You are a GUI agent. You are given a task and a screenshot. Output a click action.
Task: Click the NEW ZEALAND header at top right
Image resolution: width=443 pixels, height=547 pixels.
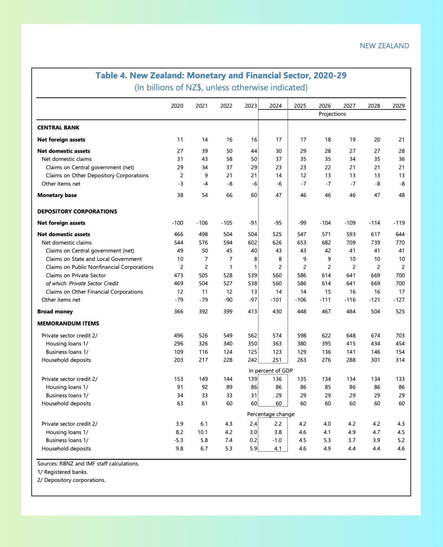(384, 46)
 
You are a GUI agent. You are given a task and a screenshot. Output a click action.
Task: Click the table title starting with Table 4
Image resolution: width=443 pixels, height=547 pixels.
(221, 75)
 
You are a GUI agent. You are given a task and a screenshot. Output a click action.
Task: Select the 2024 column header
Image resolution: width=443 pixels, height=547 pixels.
(275, 106)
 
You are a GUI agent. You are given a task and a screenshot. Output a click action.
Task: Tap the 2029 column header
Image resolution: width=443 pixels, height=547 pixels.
(398, 106)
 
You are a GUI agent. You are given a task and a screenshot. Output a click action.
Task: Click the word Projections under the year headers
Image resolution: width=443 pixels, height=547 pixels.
(332, 114)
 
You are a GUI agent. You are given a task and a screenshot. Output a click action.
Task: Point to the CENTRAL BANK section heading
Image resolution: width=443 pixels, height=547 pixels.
(58, 127)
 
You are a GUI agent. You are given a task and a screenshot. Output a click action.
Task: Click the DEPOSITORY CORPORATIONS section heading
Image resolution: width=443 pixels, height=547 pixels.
(77, 212)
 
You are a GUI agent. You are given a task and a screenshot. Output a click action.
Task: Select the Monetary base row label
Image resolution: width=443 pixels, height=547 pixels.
(57, 195)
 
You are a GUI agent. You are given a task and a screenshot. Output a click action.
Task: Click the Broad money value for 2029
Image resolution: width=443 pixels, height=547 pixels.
(400, 312)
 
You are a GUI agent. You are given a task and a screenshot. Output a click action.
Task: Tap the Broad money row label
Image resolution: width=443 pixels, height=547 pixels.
(55, 312)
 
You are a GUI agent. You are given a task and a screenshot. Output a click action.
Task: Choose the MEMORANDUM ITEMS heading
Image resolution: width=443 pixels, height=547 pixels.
(68, 323)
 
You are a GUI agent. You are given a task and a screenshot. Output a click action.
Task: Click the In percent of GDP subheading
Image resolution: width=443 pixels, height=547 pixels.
(270, 371)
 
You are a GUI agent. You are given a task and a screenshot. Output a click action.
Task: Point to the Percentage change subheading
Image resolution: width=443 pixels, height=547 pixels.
(270, 414)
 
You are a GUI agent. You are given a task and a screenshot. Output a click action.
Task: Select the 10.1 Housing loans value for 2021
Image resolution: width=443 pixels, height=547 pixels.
(202, 432)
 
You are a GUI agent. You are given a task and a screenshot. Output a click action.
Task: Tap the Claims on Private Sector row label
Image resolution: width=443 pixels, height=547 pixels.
(76, 275)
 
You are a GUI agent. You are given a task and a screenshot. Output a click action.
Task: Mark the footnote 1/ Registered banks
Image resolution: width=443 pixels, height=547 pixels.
(63, 472)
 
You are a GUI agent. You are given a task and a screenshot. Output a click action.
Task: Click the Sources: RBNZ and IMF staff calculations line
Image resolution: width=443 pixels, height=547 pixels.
(88, 464)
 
